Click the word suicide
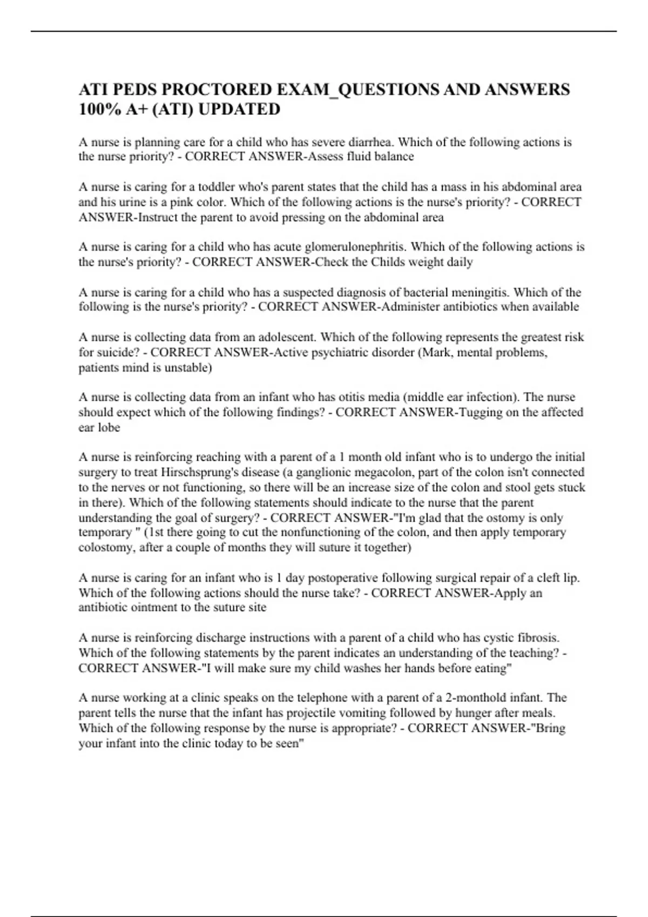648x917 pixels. (x=119, y=353)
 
